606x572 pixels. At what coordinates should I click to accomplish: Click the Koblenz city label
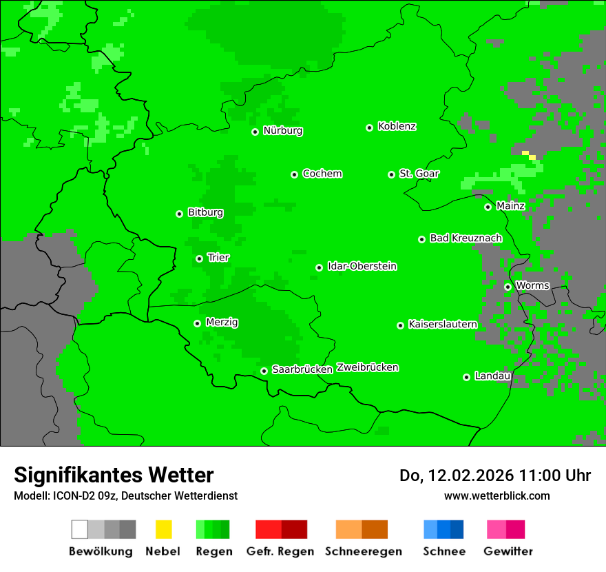(x=397, y=126)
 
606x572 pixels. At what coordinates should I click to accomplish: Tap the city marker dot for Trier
(x=199, y=258)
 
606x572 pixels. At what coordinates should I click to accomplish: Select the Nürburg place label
(x=282, y=130)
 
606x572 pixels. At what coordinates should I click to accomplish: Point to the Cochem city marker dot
(x=294, y=174)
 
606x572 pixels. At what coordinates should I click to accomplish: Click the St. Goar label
(x=419, y=174)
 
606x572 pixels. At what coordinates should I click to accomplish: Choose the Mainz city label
(x=510, y=205)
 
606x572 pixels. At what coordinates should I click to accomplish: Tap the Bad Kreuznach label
(x=466, y=238)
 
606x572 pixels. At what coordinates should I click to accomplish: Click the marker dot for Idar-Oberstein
(x=319, y=267)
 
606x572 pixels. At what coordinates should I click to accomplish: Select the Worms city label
(x=532, y=285)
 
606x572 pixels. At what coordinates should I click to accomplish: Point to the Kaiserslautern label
(x=442, y=324)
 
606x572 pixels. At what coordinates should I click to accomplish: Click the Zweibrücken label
(x=367, y=367)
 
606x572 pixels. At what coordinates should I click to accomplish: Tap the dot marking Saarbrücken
(x=264, y=371)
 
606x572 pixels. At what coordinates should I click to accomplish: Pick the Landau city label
(x=492, y=376)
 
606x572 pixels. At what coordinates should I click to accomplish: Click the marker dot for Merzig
(x=198, y=323)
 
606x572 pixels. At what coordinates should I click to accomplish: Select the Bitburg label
(x=205, y=212)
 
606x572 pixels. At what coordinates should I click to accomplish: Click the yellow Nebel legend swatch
(x=163, y=529)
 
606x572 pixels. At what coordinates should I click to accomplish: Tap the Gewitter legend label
(x=508, y=551)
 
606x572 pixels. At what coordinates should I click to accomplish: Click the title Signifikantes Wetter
(x=114, y=475)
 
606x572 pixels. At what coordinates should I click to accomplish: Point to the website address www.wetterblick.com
(x=497, y=496)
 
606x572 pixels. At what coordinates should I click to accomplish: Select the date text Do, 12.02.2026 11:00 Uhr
(x=495, y=476)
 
